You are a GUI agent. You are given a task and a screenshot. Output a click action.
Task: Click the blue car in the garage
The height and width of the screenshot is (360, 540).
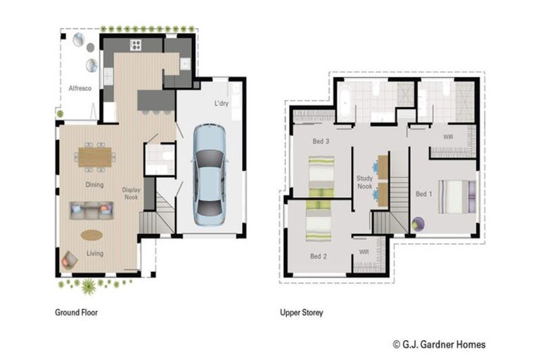coord(210,175)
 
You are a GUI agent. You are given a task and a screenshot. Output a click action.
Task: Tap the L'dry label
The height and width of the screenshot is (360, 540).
coord(221,103)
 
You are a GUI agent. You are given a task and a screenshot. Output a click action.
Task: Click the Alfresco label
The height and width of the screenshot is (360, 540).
coord(80,88)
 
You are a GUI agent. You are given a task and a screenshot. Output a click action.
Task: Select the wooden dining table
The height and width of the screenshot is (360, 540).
coord(95,157)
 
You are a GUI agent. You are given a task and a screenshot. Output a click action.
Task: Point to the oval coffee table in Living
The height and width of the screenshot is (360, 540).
coord(91,236)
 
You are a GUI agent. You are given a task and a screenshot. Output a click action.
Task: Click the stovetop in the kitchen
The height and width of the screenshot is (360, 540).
coord(135,45)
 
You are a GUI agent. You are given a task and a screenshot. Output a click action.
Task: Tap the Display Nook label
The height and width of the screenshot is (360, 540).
coord(131,193)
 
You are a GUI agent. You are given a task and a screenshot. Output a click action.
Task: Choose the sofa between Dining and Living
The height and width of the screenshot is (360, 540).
coord(91,210)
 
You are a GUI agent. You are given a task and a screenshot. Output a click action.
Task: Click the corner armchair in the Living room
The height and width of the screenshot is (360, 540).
coord(69,260)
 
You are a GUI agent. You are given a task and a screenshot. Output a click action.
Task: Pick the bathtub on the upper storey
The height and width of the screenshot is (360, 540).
coord(344,103)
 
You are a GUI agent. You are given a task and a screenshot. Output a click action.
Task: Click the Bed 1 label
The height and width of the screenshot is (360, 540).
coord(423,194)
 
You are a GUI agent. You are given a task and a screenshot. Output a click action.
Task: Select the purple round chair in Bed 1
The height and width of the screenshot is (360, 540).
coord(418,224)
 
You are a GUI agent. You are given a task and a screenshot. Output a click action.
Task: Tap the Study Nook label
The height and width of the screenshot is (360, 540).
coord(364,182)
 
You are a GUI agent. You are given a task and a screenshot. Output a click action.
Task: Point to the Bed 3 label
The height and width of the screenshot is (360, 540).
coord(321,141)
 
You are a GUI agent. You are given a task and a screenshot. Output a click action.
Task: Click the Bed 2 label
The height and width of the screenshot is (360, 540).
coord(319,257)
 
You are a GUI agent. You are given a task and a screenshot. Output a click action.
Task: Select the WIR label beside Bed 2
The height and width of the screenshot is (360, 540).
coord(364,252)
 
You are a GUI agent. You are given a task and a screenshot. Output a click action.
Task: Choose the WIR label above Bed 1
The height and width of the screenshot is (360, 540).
coord(448,137)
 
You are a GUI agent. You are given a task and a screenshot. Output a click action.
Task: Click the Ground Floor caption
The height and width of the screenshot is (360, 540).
coord(77,312)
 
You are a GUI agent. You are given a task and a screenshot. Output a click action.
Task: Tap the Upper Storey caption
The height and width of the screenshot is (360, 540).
coord(302,312)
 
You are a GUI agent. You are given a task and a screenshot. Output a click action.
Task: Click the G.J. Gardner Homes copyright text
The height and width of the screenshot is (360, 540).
coord(439,344)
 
